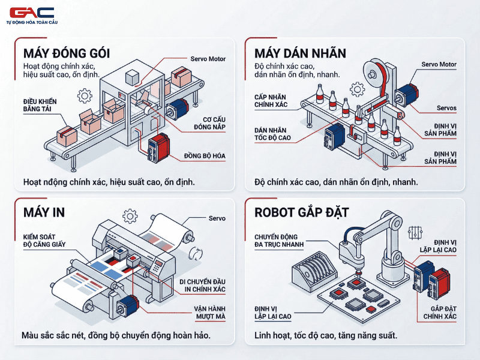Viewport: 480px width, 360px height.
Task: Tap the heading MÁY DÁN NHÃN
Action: click(x=300, y=53)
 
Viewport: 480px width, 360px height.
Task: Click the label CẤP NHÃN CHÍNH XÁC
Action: click(x=271, y=101)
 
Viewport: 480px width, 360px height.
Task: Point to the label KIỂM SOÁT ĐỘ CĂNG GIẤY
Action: click(x=44, y=240)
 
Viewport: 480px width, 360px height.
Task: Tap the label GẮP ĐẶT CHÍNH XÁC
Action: click(x=440, y=312)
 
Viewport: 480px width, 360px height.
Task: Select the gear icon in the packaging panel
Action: click(x=85, y=95)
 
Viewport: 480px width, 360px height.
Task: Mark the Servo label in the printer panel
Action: click(x=217, y=218)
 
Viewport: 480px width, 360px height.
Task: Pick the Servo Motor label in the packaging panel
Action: click(x=207, y=59)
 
